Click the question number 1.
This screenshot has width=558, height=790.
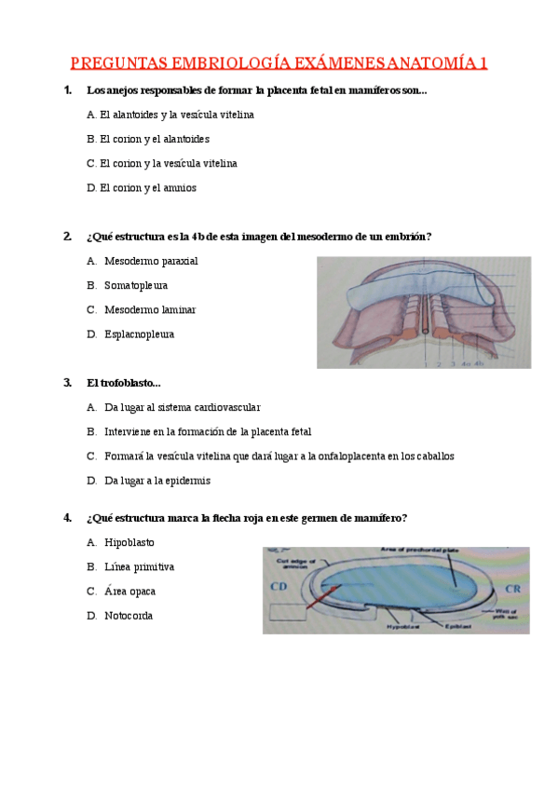coord(66,90)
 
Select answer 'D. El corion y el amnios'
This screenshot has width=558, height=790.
coord(142,187)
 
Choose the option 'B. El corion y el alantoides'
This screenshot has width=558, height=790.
coord(148,139)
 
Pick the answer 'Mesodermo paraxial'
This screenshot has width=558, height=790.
coord(151,261)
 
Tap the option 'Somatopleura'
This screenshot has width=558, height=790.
coord(136,285)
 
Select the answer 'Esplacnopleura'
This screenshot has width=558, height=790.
coord(140,334)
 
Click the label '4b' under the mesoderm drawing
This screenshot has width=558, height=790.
coord(479,363)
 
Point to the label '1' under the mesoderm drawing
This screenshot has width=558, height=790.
coord(425,363)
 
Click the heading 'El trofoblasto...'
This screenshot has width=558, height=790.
coord(123,383)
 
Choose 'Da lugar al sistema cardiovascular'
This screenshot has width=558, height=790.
coord(183,407)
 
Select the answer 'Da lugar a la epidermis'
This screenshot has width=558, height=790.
coord(157,481)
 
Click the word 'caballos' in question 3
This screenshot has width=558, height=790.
coord(432,456)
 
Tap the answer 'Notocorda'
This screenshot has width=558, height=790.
coord(129,616)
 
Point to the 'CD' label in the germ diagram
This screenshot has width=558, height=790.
coord(278,587)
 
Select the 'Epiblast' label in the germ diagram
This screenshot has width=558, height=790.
coord(446,627)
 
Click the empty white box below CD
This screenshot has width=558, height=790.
coord(288,612)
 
